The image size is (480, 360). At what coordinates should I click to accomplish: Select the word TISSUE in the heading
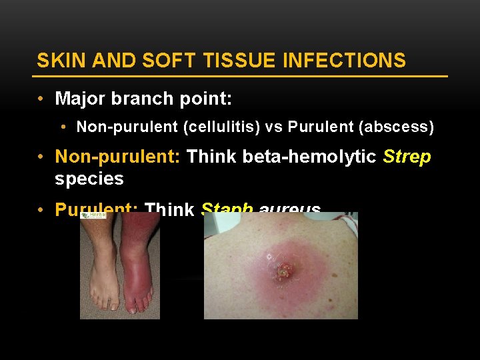[x=243, y=61]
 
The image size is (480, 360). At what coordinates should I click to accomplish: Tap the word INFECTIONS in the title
[x=344, y=61]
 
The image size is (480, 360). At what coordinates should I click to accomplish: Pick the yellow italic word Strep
[x=407, y=157]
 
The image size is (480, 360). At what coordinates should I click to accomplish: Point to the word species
[x=89, y=179]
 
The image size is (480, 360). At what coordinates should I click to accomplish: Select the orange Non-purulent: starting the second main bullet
[x=118, y=157]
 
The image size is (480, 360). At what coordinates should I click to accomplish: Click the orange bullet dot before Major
[x=41, y=99]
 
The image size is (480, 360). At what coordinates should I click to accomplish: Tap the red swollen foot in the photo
[x=139, y=273]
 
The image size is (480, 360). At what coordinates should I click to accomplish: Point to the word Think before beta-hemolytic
[x=211, y=157]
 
